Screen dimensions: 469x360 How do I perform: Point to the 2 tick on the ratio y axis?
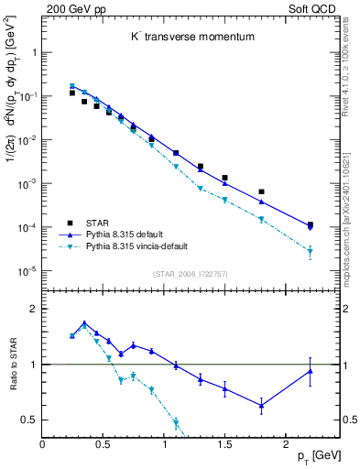pos(34,309)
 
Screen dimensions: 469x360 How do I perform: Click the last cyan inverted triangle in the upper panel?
pos(310,252)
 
